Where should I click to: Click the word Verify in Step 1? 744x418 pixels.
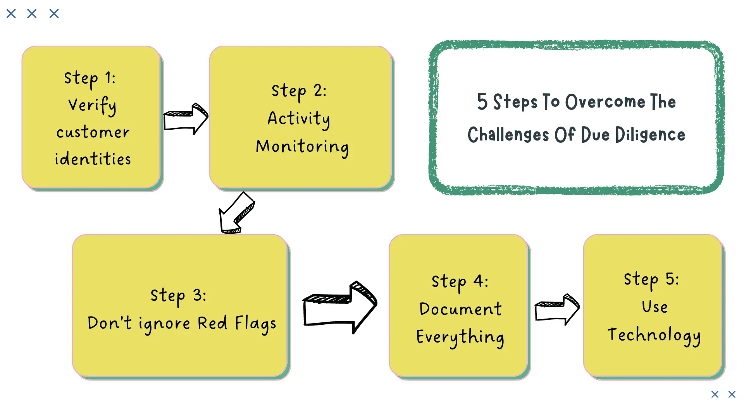tap(92, 105)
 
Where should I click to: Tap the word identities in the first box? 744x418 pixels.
tap(93, 159)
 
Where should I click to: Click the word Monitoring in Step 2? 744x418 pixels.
tap(302, 147)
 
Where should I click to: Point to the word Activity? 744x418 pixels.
tap(299, 118)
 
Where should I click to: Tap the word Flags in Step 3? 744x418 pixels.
tap(255, 324)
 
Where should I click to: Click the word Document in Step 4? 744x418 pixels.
tap(460, 309)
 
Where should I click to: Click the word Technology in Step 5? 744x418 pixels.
tap(654, 335)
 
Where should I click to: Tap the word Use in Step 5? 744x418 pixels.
tap(654, 307)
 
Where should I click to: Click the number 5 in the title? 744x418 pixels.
tap(482, 102)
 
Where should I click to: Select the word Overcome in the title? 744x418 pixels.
tap(605, 102)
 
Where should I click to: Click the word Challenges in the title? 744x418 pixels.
tap(508, 135)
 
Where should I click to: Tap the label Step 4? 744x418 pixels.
tap(460, 281)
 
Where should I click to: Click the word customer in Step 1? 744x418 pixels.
tap(93, 132)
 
